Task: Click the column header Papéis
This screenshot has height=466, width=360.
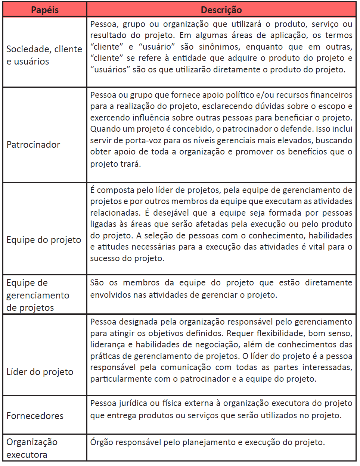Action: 45,10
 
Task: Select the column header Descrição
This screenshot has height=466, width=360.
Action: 221,10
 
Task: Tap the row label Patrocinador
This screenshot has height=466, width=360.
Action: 33,145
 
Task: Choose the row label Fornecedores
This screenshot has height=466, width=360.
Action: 35,416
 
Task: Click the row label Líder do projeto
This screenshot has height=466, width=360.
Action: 40,372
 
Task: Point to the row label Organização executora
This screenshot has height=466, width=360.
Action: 32,448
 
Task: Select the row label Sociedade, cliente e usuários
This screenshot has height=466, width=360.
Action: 44,55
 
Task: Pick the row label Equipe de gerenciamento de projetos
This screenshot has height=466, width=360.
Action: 38,295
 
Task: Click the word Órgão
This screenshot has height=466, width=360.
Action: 101,442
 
